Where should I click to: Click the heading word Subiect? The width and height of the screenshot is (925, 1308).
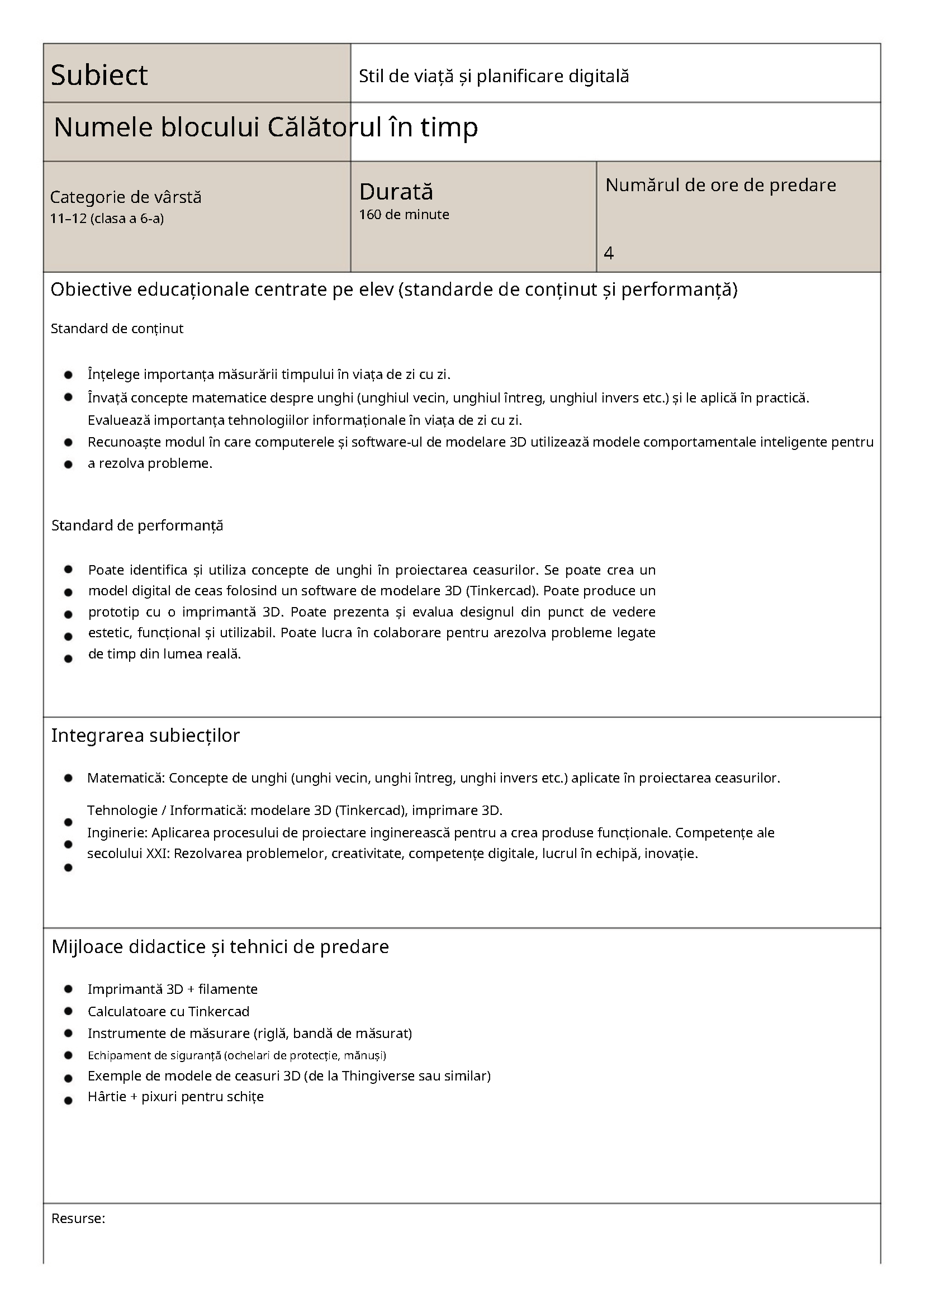coord(99,75)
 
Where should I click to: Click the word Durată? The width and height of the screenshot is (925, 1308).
coord(396,192)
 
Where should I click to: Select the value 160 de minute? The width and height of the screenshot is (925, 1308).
coord(404,215)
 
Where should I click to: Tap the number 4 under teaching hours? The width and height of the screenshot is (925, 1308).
coord(608,253)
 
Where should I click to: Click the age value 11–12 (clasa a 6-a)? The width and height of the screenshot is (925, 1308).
coord(107,219)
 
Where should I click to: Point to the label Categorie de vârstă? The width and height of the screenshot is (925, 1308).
coord(125,197)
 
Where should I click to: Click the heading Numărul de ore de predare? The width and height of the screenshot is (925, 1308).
coord(720,185)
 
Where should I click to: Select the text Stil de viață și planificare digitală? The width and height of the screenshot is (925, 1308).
coord(494,77)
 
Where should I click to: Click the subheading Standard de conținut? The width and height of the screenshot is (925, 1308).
coord(117,329)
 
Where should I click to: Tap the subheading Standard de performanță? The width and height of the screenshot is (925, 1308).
coord(137,525)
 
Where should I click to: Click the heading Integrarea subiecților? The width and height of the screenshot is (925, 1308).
coord(145,736)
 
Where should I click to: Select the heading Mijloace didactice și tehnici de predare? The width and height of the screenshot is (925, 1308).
coord(220,947)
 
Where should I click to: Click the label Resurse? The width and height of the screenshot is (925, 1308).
coord(78,1219)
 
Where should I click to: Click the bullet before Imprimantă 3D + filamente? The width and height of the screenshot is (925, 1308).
coord(68,989)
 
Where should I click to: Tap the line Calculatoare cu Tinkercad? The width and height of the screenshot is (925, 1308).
coord(169,1011)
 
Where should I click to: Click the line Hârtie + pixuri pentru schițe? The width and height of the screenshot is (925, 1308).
coord(175,1097)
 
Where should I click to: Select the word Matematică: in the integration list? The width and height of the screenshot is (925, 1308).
coord(125,778)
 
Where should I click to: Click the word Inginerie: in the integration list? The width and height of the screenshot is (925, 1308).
coord(117,833)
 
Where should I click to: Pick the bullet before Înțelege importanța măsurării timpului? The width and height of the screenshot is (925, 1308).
coord(68,375)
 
